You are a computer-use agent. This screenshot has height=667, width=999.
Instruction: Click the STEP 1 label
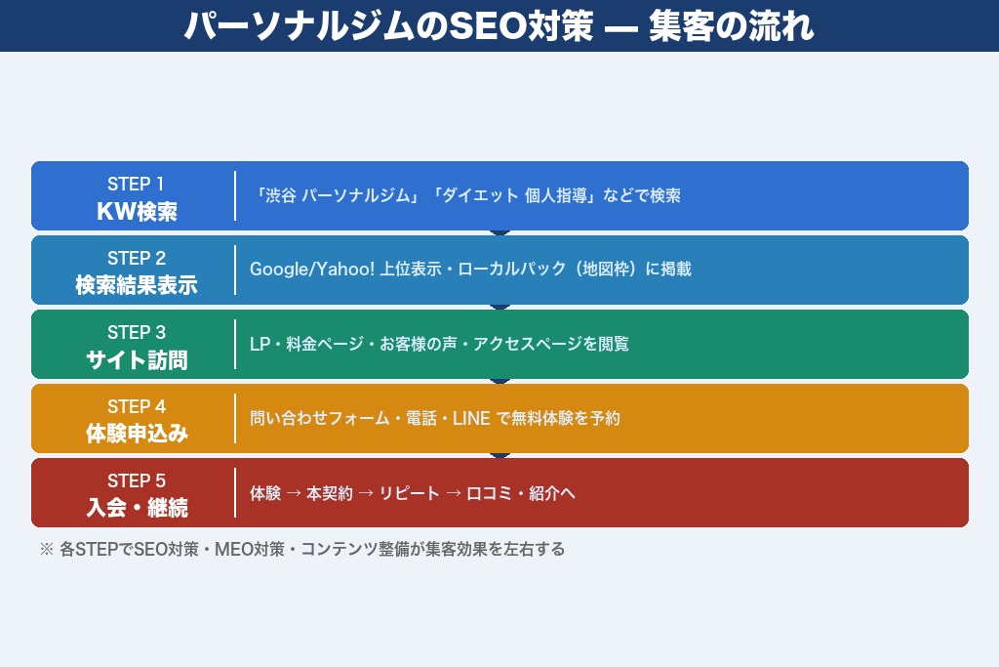click(137, 184)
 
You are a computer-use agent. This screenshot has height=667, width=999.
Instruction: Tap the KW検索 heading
click(137, 211)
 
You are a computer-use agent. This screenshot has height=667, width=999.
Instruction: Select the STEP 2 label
click(137, 258)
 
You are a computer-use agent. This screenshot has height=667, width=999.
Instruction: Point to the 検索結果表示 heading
click(137, 285)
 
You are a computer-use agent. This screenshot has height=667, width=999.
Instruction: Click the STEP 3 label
click(137, 332)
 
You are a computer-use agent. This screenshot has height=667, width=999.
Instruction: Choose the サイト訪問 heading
click(137, 359)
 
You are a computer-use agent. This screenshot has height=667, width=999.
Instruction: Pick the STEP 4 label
click(137, 406)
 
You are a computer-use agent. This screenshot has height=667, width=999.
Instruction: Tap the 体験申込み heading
click(137, 434)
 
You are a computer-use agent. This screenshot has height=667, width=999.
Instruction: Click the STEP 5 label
click(137, 480)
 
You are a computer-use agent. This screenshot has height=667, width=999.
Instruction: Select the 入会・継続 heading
click(137, 508)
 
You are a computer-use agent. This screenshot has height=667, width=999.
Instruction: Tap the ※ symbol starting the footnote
click(46, 549)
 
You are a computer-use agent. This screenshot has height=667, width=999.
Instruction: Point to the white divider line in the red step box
click(235, 493)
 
